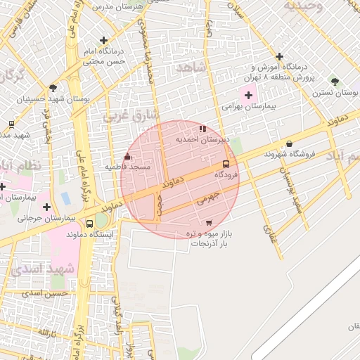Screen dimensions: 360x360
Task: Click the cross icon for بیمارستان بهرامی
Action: (247, 95)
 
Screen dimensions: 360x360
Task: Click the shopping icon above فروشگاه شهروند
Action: (289, 143)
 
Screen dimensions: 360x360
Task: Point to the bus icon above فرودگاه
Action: (226, 164)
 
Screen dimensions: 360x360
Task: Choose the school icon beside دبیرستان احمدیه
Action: (203, 129)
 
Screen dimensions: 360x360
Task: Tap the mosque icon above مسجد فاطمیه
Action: (127, 157)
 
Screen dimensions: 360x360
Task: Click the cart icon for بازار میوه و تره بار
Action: (208, 223)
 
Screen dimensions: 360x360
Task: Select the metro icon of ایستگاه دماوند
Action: (89, 224)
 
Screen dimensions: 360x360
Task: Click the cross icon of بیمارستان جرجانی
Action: (46, 207)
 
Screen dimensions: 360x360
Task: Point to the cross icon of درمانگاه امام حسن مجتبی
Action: (104, 41)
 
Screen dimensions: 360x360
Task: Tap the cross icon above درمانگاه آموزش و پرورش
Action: (280, 56)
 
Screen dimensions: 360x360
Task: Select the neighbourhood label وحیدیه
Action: (303, 6)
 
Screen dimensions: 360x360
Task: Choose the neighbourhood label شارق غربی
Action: (131, 115)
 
